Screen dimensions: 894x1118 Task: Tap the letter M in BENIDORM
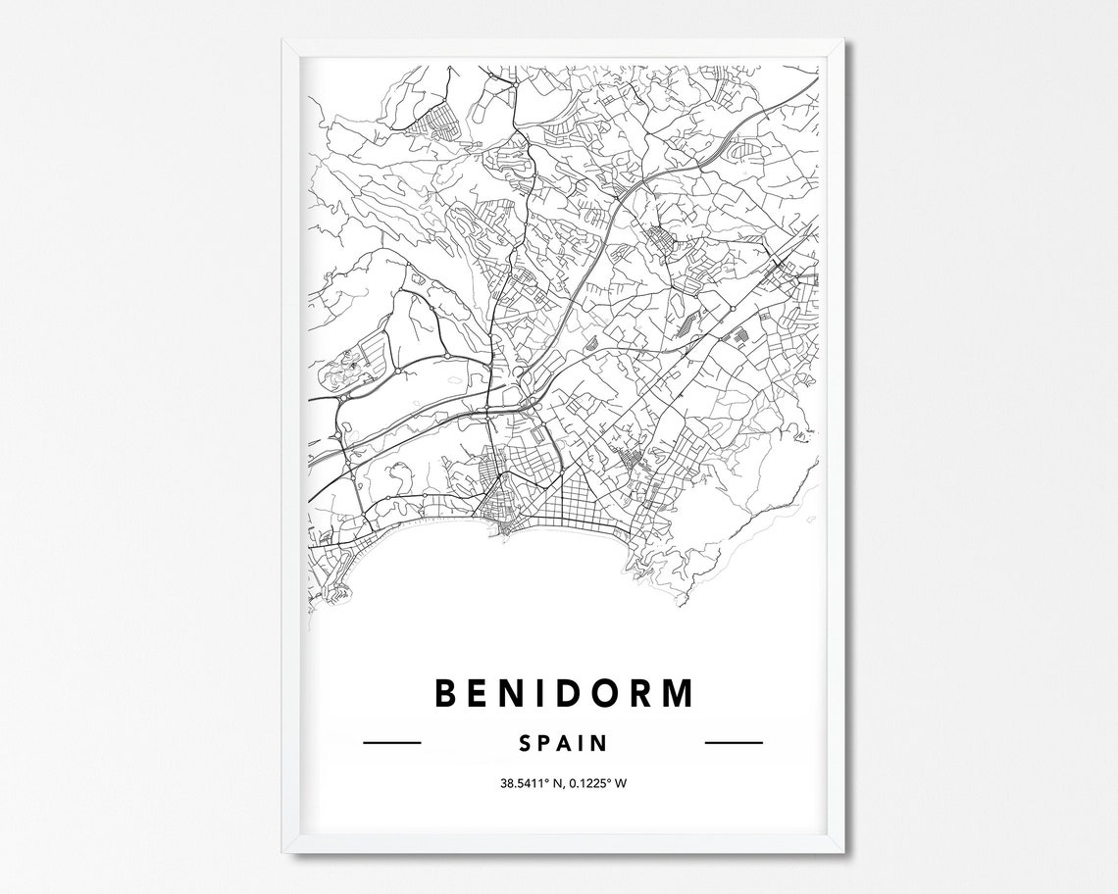(x=676, y=692)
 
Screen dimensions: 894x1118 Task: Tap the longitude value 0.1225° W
(x=599, y=782)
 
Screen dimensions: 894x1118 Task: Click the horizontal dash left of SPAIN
(x=391, y=743)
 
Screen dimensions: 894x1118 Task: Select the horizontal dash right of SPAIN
(x=735, y=743)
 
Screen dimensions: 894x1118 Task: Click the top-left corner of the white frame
(x=284, y=41)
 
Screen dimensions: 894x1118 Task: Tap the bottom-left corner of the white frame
(x=284, y=851)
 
